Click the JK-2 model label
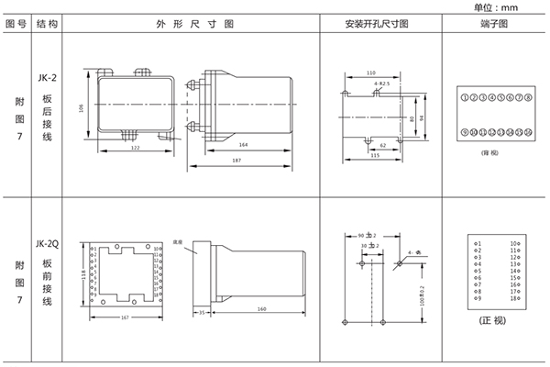point(48,79)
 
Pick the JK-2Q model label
point(48,244)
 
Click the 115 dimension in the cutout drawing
point(375,155)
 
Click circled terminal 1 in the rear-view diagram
point(464,96)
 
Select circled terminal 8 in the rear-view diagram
point(529,96)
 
